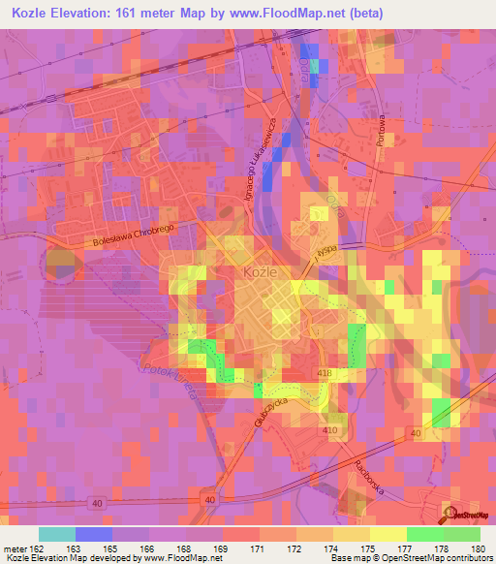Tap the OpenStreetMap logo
click(x=464, y=513)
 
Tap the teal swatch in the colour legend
click(x=57, y=534)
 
